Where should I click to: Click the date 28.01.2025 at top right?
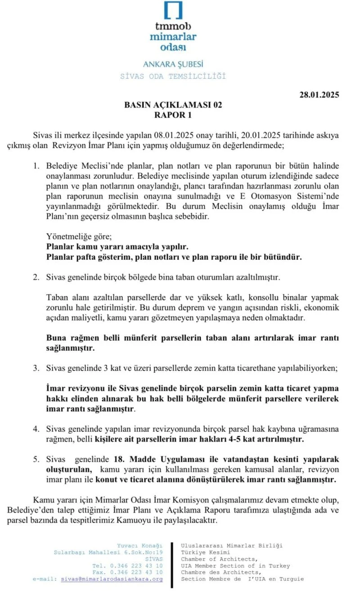[319, 95]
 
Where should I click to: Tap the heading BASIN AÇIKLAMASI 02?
[173, 105]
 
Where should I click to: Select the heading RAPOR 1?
[173, 115]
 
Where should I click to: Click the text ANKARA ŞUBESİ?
[173, 64]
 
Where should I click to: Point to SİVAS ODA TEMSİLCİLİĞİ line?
[173, 76]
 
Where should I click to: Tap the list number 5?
[36, 459]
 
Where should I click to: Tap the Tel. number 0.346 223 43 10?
[135, 565]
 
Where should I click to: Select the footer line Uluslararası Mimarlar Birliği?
[232, 546]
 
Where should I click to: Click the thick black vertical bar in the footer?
[172, 565]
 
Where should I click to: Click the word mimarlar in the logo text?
[173, 36]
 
